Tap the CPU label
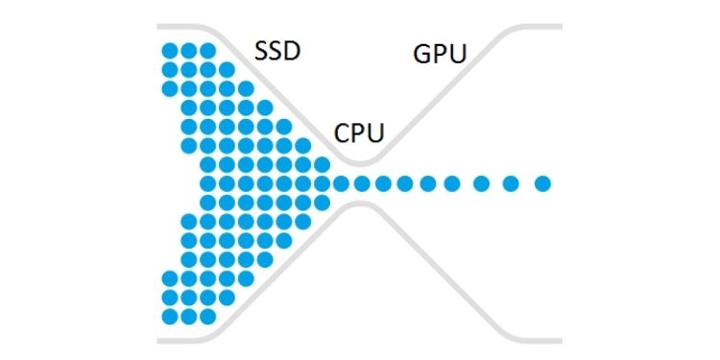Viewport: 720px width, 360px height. click(360, 132)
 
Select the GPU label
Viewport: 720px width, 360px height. click(440, 54)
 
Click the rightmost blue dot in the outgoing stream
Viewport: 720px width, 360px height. click(542, 182)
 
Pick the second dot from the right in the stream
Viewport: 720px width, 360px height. click(511, 182)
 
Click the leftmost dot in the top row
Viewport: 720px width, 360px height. click(170, 50)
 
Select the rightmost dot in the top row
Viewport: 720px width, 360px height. click(207, 50)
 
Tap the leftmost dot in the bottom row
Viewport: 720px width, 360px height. click(170, 315)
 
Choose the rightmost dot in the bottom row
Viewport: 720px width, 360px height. click(207, 315)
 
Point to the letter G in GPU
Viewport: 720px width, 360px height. click(422, 54)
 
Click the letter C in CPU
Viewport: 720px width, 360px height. click(342, 132)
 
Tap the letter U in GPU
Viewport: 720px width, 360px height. click(456, 54)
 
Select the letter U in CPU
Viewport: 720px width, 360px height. click(376, 132)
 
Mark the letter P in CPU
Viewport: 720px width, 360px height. click(359, 132)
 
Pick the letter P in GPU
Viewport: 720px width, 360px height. click(440, 54)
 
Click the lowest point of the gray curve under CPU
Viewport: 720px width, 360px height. click(361, 158)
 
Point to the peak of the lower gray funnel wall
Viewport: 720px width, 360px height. click(361, 205)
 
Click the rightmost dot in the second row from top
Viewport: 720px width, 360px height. click(227, 69)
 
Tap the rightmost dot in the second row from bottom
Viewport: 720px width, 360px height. click(227, 297)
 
